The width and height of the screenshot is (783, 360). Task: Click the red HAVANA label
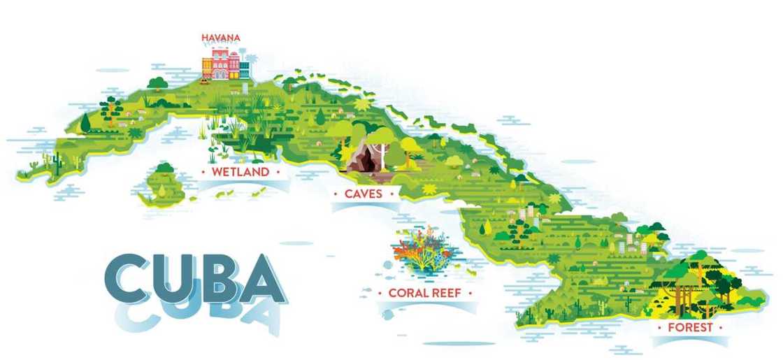pyautogui.click(x=222, y=37)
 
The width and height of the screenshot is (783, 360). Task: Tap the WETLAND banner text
pyautogui.click(x=240, y=171)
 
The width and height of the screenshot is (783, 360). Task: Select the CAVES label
pyautogui.click(x=363, y=194)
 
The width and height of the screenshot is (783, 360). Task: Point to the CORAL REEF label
pyautogui.click(x=419, y=294)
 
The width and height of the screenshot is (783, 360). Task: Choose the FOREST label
pyautogui.click(x=689, y=327)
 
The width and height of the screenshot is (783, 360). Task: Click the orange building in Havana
pyautogui.click(x=207, y=67)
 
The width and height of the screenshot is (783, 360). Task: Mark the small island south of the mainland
pyautogui.click(x=162, y=185)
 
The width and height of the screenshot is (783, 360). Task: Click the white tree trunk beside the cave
pyautogui.click(x=382, y=150)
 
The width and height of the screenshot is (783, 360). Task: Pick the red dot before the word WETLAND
pyautogui.click(x=203, y=171)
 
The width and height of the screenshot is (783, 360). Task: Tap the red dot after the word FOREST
pyautogui.click(x=722, y=327)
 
